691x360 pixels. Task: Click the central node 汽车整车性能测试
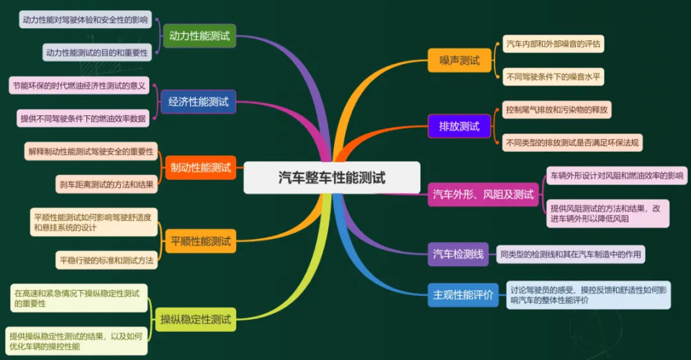click(x=331, y=178)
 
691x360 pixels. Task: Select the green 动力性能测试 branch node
click(x=199, y=36)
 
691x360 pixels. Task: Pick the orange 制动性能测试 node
click(x=201, y=168)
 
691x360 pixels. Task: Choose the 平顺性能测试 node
click(x=201, y=240)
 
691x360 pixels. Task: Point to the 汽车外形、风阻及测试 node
click(x=483, y=194)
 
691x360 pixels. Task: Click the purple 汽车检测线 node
click(x=458, y=253)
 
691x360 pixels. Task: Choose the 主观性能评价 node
click(x=464, y=294)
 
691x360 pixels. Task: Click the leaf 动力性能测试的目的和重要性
click(x=96, y=53)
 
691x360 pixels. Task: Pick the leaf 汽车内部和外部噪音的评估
click(x=552, y=44)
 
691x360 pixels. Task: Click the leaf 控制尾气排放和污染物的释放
click(x=557, y=111)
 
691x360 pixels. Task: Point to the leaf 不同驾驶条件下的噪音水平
click(x=552, y=76)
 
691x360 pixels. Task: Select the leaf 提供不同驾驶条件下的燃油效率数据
click(x=83, y=118)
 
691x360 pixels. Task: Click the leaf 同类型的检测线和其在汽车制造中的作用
click(x=571, y=253)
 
